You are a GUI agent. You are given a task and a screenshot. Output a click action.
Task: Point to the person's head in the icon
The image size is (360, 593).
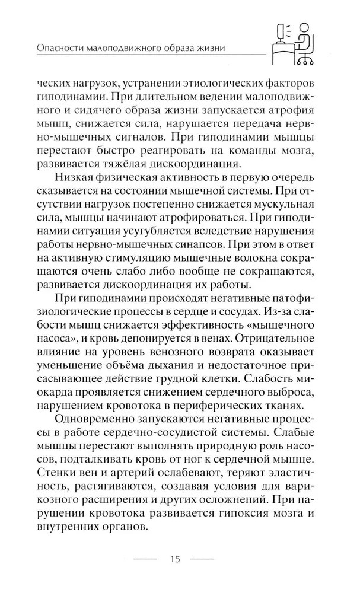(304, 27)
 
